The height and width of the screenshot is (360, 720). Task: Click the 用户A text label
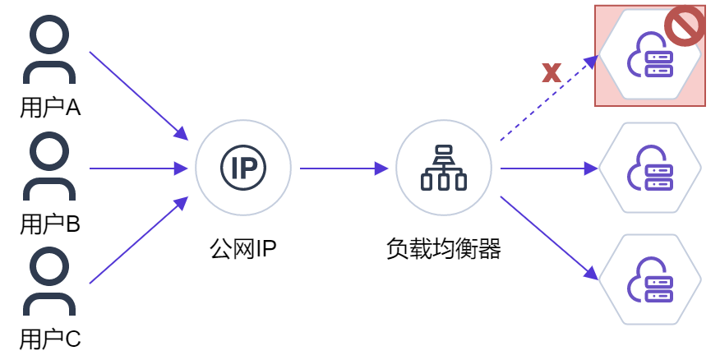click(50, 108)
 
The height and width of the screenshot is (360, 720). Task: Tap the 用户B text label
click(50, 224)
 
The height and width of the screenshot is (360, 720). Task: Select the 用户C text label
click(50, 339)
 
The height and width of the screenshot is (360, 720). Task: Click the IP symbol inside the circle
click(243, 168)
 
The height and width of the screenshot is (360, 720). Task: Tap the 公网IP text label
click(243, 249)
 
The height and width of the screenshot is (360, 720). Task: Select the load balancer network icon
click(444, 168)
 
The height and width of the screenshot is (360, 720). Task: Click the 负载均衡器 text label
click(444, 249)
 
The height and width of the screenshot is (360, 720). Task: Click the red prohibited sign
click(685, 25)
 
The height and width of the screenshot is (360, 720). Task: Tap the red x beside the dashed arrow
click(552, 72)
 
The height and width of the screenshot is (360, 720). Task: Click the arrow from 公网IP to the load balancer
click(344, 168)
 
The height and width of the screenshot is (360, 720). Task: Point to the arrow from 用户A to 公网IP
click(139, 96)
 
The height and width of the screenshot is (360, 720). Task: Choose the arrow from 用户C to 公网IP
click(139, 240)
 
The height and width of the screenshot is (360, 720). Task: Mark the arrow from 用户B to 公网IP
click(139, 168)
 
